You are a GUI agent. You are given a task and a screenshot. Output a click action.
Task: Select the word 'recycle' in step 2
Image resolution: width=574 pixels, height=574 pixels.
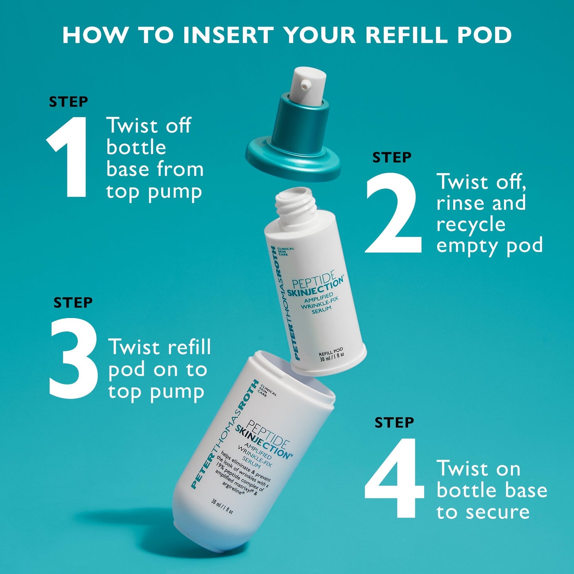pyautogui.click(x=471, y=225)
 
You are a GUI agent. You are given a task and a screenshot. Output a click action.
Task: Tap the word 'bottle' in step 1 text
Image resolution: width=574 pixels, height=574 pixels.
pyautogui.click(x=136, y=147)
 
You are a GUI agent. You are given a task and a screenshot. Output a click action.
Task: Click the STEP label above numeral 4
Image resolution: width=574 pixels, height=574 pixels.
pyautogui.click(x=394, y=422)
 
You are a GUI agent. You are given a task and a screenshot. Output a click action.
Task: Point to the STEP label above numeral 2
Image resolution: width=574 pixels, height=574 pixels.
pyautogui.click(x=392, y=157)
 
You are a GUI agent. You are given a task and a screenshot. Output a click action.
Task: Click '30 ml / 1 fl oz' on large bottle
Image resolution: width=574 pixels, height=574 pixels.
pyautogui.click(x=222, y=507)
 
